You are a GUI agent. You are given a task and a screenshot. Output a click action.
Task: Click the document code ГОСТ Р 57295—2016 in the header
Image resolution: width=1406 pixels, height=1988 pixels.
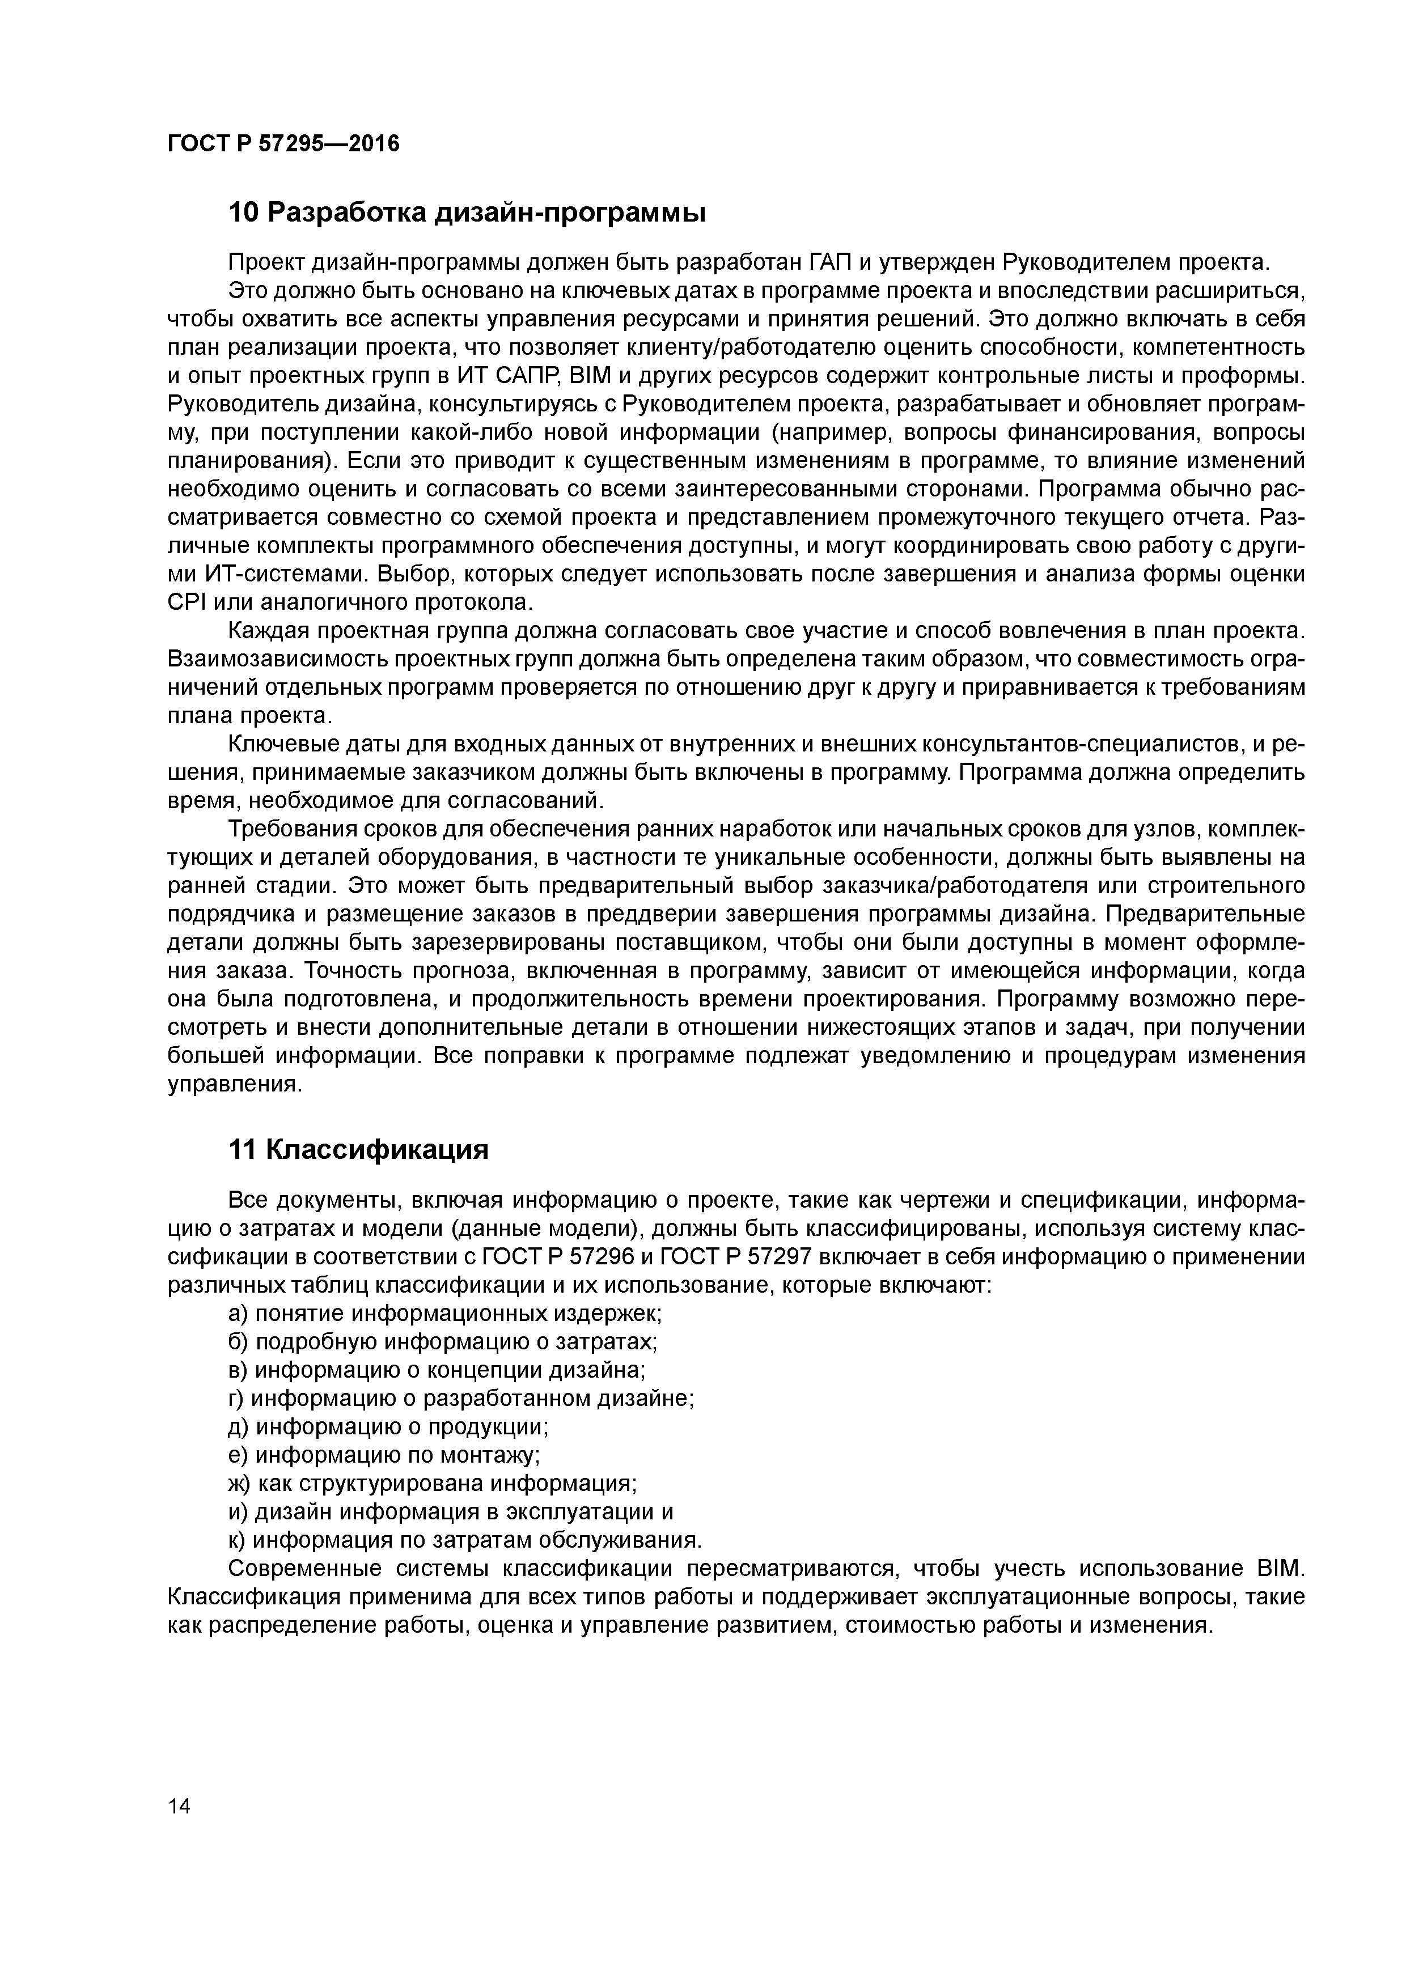(x=283, y=145)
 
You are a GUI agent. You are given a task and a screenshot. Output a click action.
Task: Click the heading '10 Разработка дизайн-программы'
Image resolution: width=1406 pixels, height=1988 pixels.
(x=467, y=212)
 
